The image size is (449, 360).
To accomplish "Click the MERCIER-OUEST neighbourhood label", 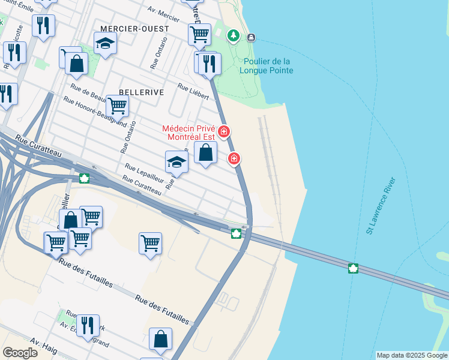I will pos(134,29).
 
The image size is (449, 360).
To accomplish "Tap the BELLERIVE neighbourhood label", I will pos(142,92).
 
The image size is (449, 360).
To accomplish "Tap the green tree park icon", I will pos(233,36).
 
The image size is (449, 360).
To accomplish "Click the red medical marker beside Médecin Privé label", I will pos(224,131).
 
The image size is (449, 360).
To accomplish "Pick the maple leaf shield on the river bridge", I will pos(353,268).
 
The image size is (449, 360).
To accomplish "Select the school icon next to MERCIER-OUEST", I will pos(105,43).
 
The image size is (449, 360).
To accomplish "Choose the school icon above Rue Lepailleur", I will pos(176,161).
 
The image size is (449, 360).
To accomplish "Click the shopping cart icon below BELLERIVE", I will pos(117,105).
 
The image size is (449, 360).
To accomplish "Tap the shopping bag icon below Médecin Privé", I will pos(205,152).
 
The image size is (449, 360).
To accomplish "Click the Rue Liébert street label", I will pos(193,91).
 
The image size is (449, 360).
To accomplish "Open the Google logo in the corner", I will pos(20,352).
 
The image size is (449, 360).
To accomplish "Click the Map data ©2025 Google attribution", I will pos(411,355).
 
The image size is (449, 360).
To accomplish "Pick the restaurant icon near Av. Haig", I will pos(88,325).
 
